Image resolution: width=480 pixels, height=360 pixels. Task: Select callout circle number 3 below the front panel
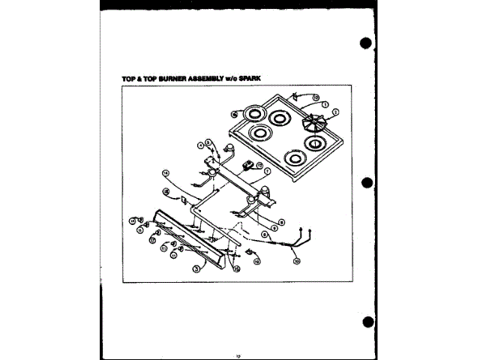196,267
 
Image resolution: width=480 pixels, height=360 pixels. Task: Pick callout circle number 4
202,144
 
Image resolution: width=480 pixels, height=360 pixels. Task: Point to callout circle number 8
280,222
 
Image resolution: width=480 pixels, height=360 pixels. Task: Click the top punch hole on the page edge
366,43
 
